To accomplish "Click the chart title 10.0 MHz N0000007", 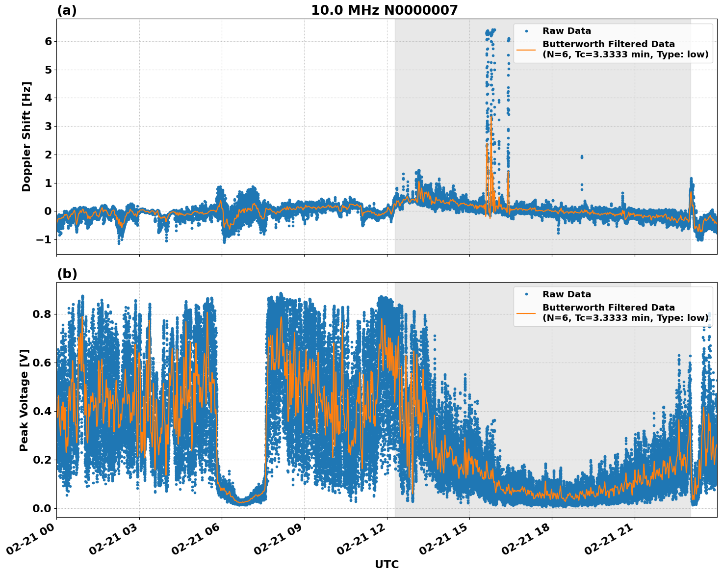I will [x=384, y=10].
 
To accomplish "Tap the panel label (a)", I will [x=67, y=10].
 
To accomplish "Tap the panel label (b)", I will [x=67, y=274].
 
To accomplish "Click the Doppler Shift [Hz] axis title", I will [x=26, y=136].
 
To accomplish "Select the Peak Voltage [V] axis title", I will [x=24, y=400].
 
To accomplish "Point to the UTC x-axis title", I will [x=387, y=564].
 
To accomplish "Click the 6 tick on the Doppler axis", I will [x=48, y=41].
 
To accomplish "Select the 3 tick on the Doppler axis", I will [x=48, y=127].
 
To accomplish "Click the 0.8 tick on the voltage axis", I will [x=42, y=314].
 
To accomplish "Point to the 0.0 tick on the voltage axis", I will [x=42, y=508].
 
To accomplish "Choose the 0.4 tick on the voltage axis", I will [x=42, y=411].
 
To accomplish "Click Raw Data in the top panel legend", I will [x=567, y=31].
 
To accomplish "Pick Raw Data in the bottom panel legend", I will [x=567, y=294].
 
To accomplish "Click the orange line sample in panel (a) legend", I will [x=526, y=49].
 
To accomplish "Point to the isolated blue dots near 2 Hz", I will [x=582, y=157].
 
